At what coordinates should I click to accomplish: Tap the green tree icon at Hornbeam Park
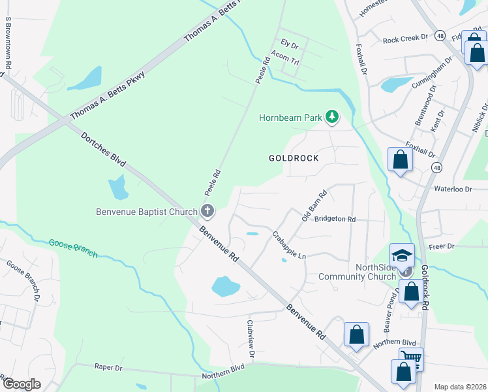333,117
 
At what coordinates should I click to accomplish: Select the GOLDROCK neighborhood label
294,158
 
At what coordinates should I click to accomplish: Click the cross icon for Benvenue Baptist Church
207,210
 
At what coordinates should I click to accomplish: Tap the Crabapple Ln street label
289,246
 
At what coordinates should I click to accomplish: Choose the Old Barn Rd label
314,205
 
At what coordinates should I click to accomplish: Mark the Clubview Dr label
250,337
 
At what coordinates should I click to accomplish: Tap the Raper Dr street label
108,367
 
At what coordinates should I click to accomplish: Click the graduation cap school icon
403,254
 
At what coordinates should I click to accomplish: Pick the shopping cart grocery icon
411,357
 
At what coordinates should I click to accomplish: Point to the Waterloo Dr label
452,189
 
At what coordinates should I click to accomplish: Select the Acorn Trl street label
284,59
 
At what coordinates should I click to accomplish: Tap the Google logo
22,384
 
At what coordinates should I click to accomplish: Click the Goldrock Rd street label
424,287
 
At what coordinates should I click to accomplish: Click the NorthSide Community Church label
358,272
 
